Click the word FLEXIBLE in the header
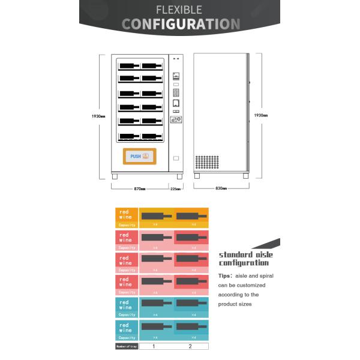tap(179, 10)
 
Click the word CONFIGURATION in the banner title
tap(181, 24)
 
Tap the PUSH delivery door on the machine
tap(139, 157)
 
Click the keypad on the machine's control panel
tap(176, 93)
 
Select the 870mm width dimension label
tap(139, 188)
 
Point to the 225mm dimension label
tap(175, 188)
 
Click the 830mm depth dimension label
tap(221, 188)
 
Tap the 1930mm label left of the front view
tap(100, 115)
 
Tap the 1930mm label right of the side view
tap(260, 115)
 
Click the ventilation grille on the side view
tap(207, 162)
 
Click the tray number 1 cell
tap(154, 346)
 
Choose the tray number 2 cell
tap(190, 346)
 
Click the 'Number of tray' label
tap(127, 346)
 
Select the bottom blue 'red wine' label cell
tap(127, 328)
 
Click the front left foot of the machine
tap(115, 176)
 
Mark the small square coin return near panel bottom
tap(176, 158)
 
